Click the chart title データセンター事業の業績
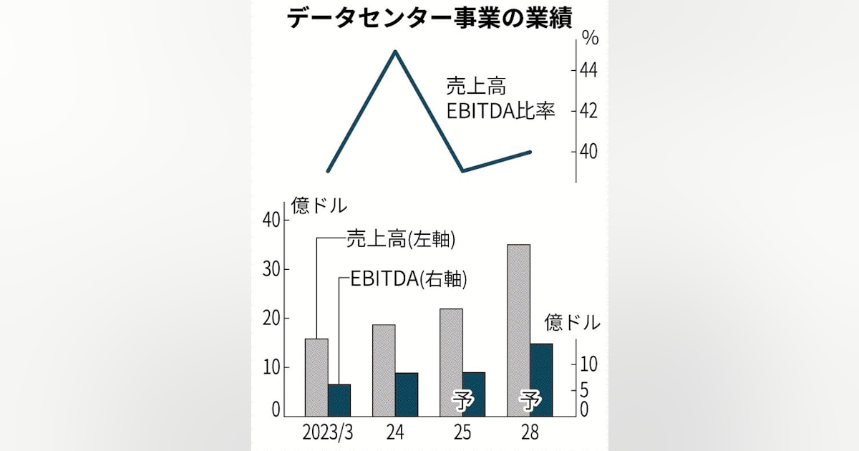pos(429,18)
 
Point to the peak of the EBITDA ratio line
pos(395,51)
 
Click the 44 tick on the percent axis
pos(588,71)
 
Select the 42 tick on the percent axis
pos(588,111)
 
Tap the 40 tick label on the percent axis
pos(588,152)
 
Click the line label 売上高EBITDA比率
pos(500,99)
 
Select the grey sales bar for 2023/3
pos(316,377)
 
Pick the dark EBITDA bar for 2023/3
pos(339,400)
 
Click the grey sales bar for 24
pos(384,371)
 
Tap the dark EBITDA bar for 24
pos(407,394)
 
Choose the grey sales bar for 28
pos(518,330)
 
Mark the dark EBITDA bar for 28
pos(541,380)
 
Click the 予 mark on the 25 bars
pos(463,402)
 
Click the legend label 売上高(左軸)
pos(401,239)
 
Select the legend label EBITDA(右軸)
pos(409,278)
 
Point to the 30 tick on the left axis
pos(271,269)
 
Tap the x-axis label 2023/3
pos(328,432)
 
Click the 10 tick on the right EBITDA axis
pos(588,364)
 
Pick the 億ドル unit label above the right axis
pos(572,322)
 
